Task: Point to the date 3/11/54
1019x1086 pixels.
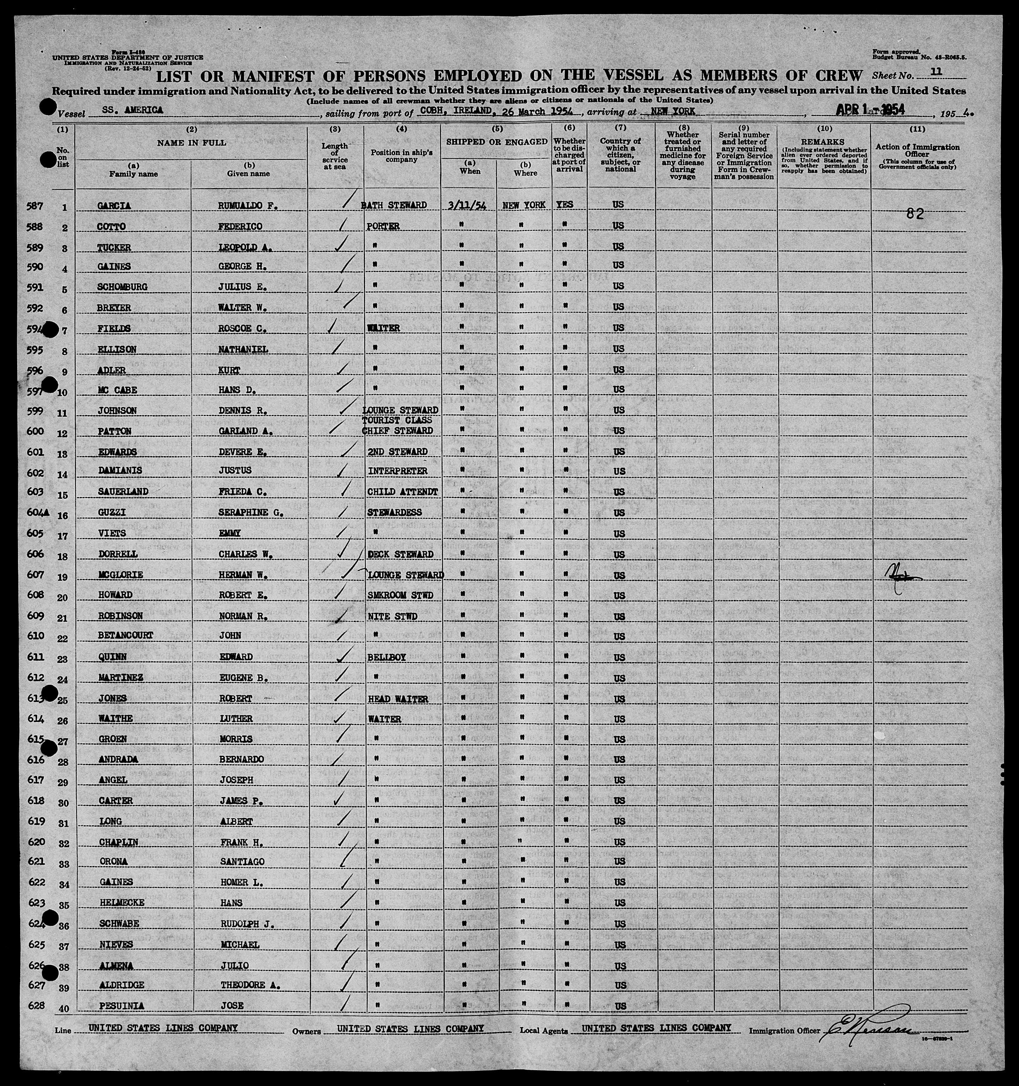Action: pyautogui.click(x=467, y=205)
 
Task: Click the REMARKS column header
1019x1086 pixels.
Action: pyautogui.click(x=824, y=143)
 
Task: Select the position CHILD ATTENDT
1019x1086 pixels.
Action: pyautogui.click(x=403, y=491)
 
